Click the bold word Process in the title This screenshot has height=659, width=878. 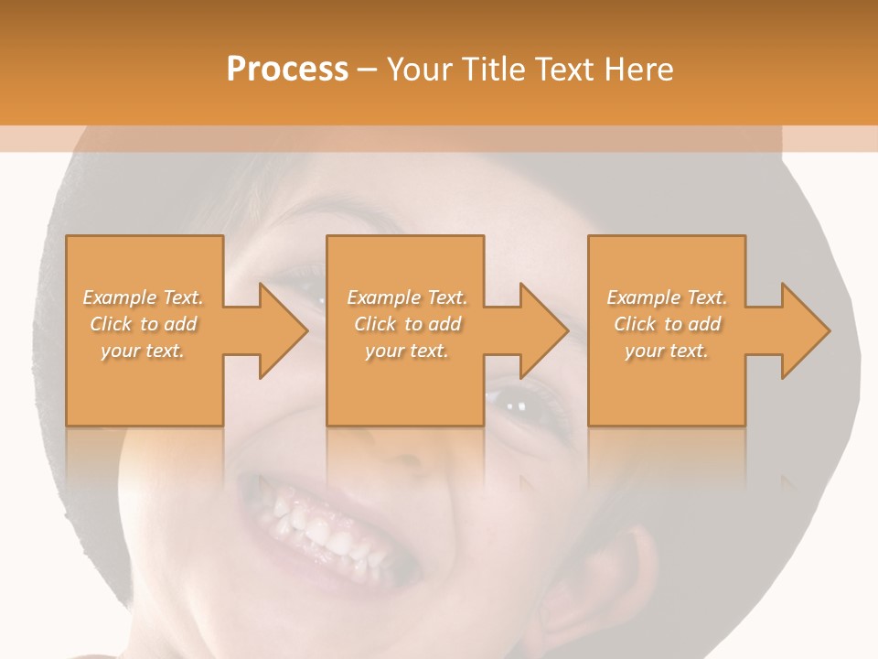[x=287, y=70]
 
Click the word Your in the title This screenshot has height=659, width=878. [x=422, y=70]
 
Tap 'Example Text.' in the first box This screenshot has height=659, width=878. [x=143, y=297]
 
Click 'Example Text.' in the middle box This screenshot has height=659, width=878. [x=407, y=297]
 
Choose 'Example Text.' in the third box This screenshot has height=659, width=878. [x=667, y=297]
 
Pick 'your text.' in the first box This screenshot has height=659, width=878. [x=143, y=351]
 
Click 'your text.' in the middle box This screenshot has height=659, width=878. [x=407, y=351]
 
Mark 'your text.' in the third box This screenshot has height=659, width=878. [x=667, y=351]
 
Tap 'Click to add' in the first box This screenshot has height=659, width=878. [x=143, y=324]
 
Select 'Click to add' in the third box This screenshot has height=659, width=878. [x=667, y=324]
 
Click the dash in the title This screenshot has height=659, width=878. [x=368, y=70]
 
